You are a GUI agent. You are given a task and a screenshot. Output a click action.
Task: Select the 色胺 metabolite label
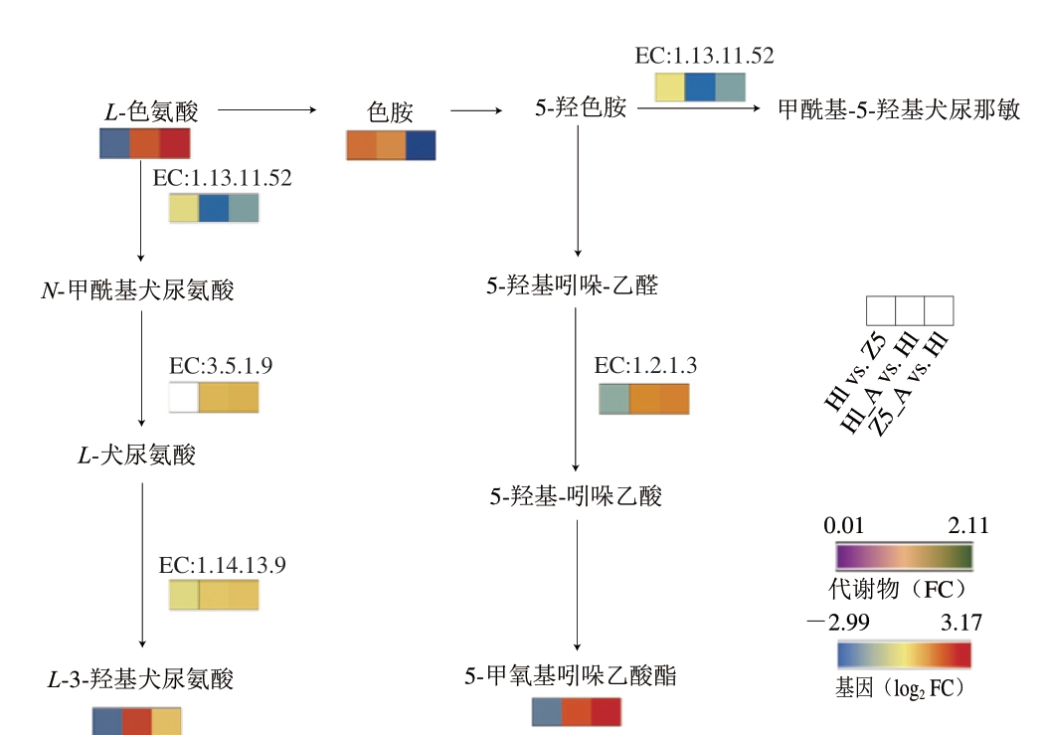click(390, 111)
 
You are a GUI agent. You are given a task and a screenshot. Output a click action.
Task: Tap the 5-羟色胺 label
click(581, 107)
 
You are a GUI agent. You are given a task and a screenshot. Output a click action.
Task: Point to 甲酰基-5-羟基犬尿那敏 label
click(899, 109)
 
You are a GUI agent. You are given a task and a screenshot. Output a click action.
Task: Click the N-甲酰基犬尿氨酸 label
click(137, 290)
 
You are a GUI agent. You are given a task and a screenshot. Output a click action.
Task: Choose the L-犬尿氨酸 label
click(137, 456)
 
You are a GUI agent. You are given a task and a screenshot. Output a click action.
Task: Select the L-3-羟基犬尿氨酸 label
click(141, 679)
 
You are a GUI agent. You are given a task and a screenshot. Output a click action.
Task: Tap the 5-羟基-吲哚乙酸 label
click(576, 495)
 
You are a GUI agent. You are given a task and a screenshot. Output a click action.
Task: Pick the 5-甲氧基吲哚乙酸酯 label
click(571, 676)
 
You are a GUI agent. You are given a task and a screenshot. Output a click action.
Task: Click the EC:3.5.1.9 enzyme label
click(221, 366)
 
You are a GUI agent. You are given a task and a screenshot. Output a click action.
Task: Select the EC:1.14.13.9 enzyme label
click(223, 566)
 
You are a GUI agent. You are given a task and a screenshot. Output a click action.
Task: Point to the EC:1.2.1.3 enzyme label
click(645, 366)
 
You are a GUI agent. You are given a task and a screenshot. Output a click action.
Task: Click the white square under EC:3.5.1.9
click(184, 397)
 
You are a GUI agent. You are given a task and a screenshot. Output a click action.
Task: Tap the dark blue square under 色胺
click(421, 145)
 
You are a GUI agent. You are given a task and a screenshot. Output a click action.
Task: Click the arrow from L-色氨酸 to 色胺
click(266, 109)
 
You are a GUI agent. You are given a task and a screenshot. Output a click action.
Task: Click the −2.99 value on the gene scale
click(832, 624)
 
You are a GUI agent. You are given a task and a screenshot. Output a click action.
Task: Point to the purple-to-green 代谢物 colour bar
click(904, 556)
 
